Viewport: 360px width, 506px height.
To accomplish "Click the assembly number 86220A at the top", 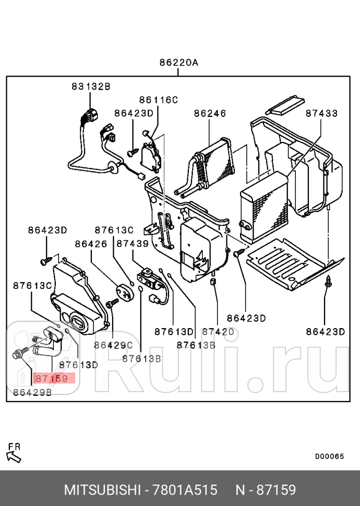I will coord(178,63).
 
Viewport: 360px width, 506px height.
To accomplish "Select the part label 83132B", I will coord(91,87).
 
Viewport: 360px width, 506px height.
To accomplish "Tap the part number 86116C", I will coord(158,100).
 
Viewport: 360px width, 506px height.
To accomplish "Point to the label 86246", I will coord(209,113).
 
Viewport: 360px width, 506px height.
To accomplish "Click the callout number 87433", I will coord(321,113).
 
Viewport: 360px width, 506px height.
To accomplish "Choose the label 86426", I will coord(91,243).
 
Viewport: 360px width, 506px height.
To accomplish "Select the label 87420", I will coord(218,332).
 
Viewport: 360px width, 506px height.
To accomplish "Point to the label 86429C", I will coord(113,345).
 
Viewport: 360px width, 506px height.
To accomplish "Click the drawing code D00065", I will coord(329,456).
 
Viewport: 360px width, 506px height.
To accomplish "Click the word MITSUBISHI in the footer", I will coord(102,490).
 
